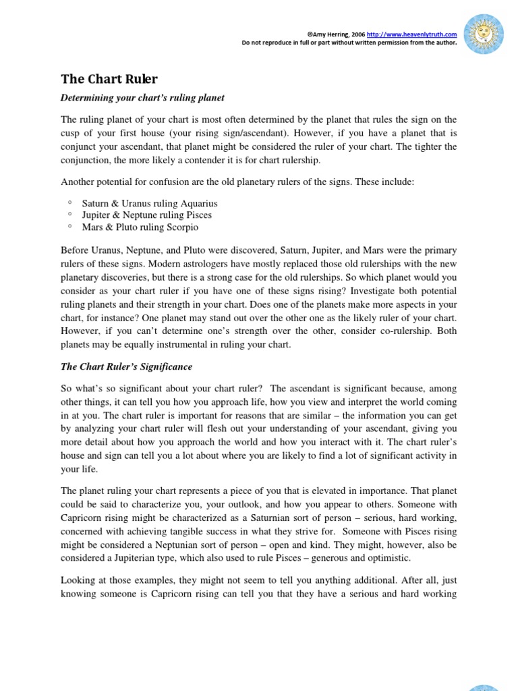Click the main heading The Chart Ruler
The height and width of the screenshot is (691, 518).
(x=109, y=79)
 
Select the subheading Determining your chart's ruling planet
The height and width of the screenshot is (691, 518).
(x=142, y=98)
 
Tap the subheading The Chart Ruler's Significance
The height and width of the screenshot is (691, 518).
(x=126, y=366)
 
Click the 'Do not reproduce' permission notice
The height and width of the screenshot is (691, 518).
(x=349, y=42)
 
